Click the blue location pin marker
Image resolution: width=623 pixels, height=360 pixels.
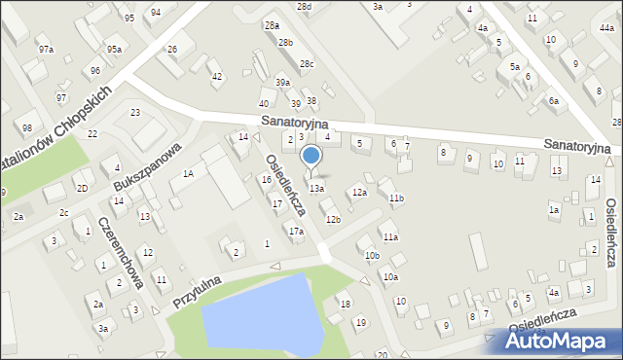point(311,156)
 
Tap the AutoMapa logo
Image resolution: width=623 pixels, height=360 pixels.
point(562,342)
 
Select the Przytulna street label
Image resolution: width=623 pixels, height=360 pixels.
point(198,291)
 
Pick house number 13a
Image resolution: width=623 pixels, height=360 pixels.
point(316,188)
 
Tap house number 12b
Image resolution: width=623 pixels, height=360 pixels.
point(333,220)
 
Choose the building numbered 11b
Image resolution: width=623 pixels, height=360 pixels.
point(395,198)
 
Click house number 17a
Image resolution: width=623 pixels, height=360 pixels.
point(296,232)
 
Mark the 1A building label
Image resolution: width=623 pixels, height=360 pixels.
point(188,173)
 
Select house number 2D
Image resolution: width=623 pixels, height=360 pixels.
point(83,188)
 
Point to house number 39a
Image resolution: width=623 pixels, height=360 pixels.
point(282,83)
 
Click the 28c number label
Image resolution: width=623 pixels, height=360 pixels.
point(307,64)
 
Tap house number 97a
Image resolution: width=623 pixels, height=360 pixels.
point(46,49)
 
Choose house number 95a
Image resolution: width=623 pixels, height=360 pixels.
point(115,50)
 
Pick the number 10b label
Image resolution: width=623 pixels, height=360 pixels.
point(372,255)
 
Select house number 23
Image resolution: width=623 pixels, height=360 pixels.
point(135,113)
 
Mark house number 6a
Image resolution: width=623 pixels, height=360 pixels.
point(553,101)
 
